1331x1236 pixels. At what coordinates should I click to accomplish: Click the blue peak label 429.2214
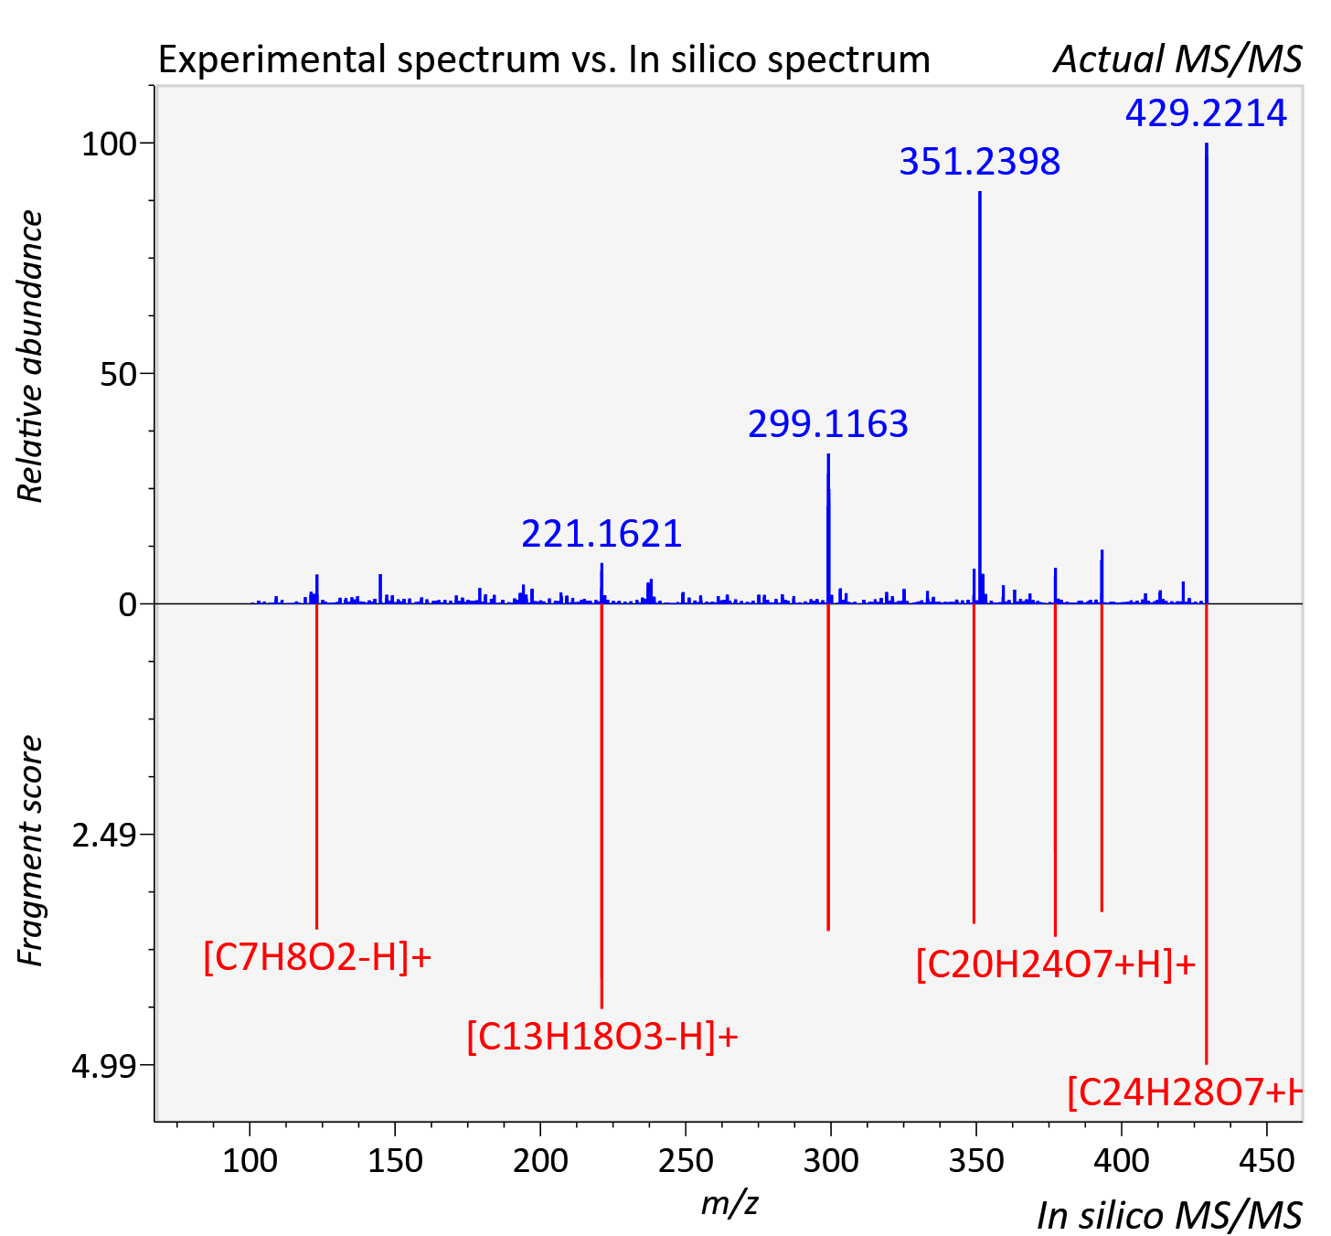[x=1206, y=113]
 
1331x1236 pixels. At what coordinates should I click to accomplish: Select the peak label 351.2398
[x=979, y=162]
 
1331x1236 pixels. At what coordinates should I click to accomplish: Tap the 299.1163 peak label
[x=827, y=424]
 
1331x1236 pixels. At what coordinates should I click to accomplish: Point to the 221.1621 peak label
[x=602, y=534]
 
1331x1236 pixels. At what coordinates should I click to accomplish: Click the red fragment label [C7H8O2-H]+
[x=317, y=957]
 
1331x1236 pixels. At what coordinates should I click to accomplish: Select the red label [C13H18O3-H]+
[x=602, y=1037]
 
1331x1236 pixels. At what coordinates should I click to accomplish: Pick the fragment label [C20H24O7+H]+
[x=1056, y=964]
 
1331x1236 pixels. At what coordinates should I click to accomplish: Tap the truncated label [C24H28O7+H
[x=1184, y=1092]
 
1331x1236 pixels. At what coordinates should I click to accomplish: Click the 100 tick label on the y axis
[x=109, y=144]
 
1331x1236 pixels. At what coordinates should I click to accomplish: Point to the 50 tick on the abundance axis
[x=118, y=375]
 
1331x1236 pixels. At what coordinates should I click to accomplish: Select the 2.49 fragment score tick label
[x=104, y=836]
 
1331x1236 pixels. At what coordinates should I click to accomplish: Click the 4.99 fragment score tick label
[x=104, y=1067]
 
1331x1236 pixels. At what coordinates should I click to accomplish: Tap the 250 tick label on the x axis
[x=686, y=1161]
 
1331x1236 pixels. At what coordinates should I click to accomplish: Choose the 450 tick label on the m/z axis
[x=1267, y=1161]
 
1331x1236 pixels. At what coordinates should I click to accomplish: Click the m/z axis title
[x=729, y=1204]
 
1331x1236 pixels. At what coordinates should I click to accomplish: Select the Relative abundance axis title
[x=30, y=357]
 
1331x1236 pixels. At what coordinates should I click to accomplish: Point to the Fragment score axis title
[x=30, y=850]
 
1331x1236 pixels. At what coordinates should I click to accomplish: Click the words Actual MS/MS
[x=1177, y=59]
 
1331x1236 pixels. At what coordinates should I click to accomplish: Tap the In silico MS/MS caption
[x=1169, y=1215]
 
